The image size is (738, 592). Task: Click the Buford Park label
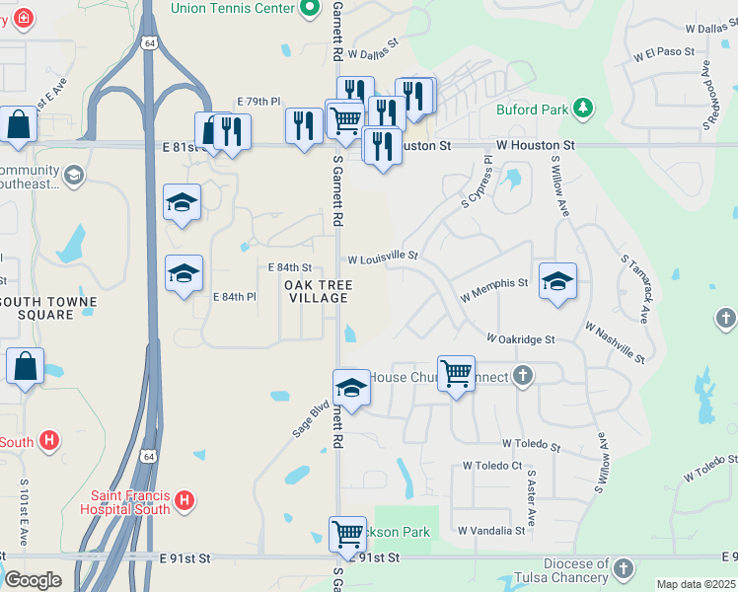click(x=533, y=110)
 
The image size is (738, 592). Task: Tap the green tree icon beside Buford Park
click(x=583, y=107)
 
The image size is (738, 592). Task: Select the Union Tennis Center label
click(x=233, y=8)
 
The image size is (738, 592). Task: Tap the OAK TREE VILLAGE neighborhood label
click(x=317, y=291)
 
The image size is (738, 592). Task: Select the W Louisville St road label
click(x=383, y=258)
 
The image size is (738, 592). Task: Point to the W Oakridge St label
click(x=521, y=339)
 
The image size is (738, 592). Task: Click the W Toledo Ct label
click(x=492, y=466)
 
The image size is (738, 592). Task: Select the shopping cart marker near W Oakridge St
click(x=456, y=374)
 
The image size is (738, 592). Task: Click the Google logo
click(x=33, y=580)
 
